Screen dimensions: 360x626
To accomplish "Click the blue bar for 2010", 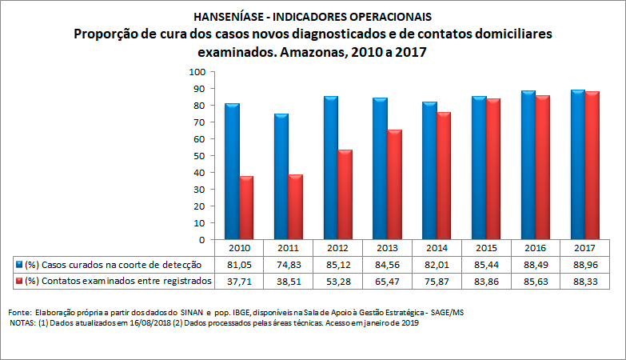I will (x=232, y=171).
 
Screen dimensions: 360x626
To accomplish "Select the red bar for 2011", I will (x=296, y=207).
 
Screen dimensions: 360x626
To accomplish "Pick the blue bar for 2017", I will (x=578, y=165).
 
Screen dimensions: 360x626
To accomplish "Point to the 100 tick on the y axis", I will (x=197, y=72).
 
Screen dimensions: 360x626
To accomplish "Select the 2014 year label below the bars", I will (x=436, y=248).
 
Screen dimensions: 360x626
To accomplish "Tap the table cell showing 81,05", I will (x=237, y=264).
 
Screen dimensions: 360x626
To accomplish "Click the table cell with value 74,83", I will (x=287, y=264).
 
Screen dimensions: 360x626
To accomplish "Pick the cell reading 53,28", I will (x=337, y=281).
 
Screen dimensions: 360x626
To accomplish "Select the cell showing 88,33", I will (x=584, y=281).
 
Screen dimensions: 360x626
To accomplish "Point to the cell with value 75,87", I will (x=436, y=281).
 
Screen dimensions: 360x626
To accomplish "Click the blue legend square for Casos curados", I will (x=19, y=264).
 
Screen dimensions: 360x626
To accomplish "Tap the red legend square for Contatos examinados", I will (x=19, y=281).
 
